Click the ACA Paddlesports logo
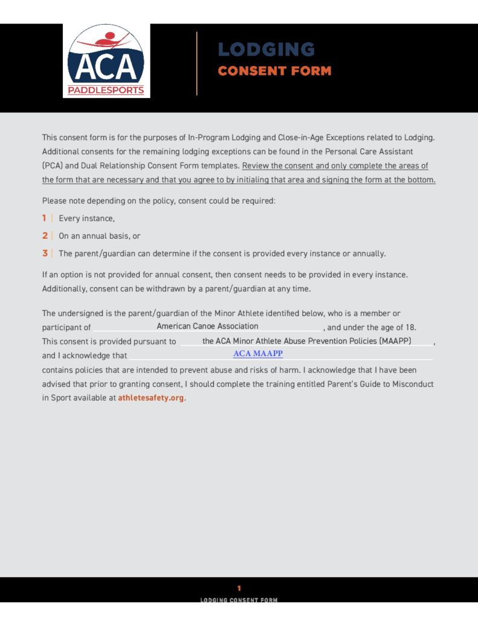point(106,60)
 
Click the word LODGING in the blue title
point(266,50)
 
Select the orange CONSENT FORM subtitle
point(274,71)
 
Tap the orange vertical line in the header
point(197,63)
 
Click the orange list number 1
point(44,218)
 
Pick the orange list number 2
point(44,236)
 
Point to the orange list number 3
point(44,253)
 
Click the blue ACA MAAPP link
point(258,354)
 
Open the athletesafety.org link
point(151,398)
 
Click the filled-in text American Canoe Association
point(207,326)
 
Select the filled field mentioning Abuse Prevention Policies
point(306,341)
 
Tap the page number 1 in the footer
point(239,588)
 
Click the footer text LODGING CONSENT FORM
point(239,600)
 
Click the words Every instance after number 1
point(86,218)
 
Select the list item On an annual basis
point(100,236)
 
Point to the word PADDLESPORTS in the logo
point(106,91)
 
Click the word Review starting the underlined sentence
point(254,166)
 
